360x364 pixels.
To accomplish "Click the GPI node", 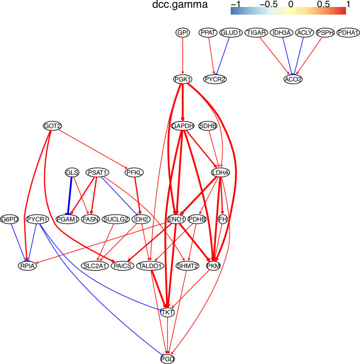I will point(183,33).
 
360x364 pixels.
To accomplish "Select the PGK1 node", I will point(183,79).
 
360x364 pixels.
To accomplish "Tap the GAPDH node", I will point(183,126).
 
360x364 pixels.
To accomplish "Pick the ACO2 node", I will point(293,79).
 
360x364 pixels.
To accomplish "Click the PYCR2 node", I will point(216,79).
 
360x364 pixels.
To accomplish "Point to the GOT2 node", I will point(53,126).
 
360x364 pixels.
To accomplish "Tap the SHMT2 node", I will point(187,266).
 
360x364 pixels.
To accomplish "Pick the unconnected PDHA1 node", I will point(349,33).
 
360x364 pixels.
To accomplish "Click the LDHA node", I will point(220,173).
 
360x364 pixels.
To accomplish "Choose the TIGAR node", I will point(257,33).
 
